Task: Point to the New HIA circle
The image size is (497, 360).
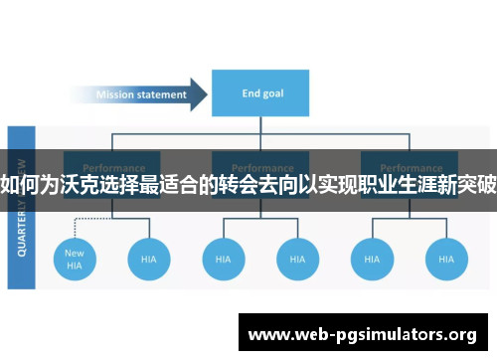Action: coord(75,259)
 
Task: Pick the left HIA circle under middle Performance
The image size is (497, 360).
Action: coord(224,259)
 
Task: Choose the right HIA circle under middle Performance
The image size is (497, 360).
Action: coord(297,259)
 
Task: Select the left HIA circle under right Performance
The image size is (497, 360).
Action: coord(372,259)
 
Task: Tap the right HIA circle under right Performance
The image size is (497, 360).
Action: coord(445,259)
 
